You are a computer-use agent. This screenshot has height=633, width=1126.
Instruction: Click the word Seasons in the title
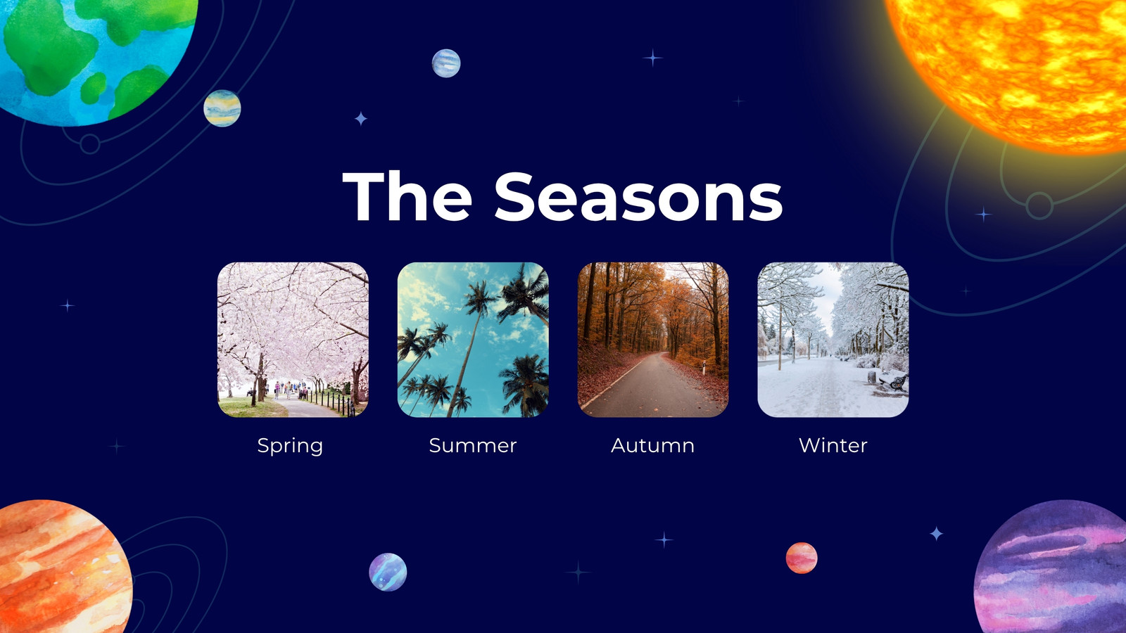638,196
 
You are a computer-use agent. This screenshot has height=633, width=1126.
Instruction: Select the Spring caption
290,446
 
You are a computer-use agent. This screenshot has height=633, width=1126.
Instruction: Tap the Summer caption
472,446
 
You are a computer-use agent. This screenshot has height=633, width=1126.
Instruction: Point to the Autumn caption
652,446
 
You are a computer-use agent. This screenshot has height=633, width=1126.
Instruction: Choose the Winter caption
833,446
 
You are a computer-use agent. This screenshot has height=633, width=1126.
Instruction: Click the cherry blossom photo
293,340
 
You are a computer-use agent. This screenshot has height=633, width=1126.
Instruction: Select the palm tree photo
473,340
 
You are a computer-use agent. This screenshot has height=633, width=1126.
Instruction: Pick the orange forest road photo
653,340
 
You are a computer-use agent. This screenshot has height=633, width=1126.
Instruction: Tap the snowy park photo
833,340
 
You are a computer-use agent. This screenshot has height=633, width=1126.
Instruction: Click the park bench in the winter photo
894,383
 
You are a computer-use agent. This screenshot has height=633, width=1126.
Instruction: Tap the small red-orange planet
802,558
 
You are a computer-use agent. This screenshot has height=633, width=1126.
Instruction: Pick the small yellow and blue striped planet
222,108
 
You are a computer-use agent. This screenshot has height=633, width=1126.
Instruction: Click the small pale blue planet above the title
446,63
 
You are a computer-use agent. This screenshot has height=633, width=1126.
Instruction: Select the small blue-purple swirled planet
388,572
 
